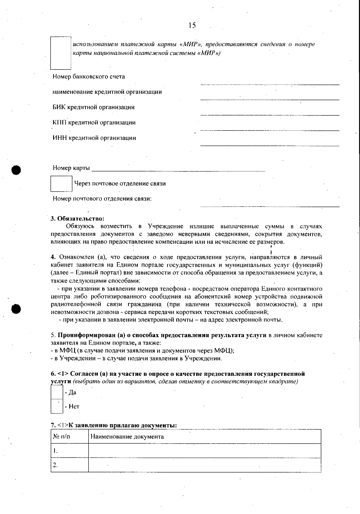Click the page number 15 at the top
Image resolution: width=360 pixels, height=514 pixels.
(x=192, y=25)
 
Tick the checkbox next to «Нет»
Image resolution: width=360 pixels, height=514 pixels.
(x=57, y=406)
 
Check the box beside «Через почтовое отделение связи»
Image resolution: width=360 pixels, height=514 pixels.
(x=61, y=184)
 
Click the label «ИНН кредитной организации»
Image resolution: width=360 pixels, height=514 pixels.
(x=94, y=138)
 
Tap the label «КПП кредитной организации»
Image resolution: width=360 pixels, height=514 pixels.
(x=94, y=123)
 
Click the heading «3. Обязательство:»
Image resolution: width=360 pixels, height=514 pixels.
(x=77, y=218)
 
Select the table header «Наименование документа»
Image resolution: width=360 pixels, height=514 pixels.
(x=127, y=437)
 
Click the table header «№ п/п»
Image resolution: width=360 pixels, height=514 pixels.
(x=61, y=437)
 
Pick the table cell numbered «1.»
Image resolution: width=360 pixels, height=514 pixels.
(x=69, y=451)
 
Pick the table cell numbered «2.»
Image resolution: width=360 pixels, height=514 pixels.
(x=69, y=465)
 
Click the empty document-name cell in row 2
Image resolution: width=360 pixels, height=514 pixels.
(x=204, y=465)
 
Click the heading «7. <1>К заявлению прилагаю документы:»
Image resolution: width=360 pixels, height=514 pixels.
(x=114, y=425)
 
